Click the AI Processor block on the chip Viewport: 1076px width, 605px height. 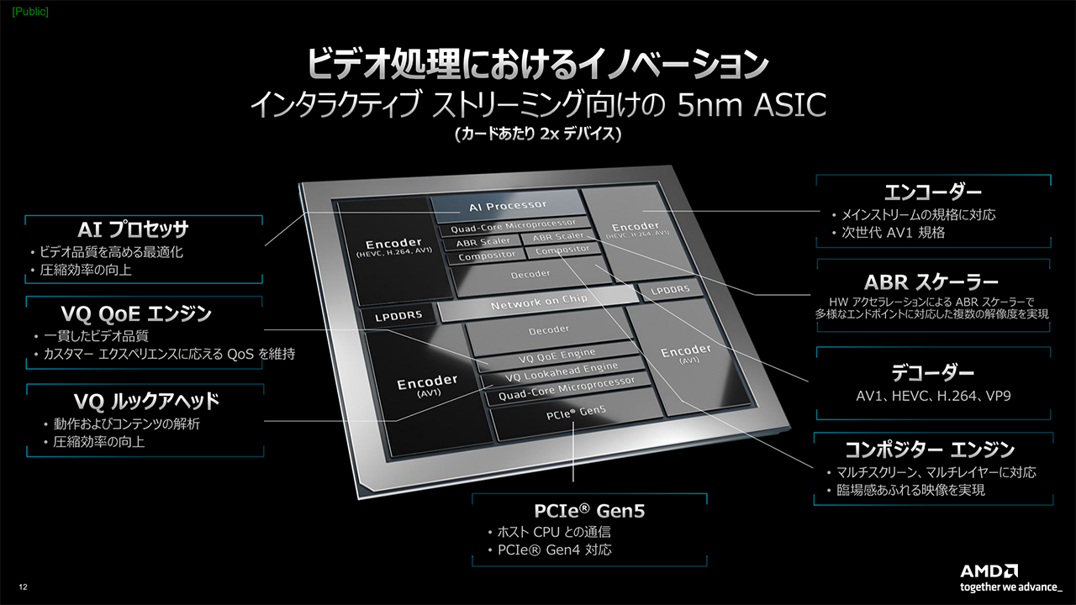[x=507, y=205]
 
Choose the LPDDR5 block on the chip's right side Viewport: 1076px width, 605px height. [x=670, y=290]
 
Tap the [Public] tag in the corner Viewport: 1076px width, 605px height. [x=24, y=11]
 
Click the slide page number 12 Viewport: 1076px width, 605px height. [x=23, y=586]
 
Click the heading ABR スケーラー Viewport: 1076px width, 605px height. [x=931, y=281]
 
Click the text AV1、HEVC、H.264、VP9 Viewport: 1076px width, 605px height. [x=932, y=396]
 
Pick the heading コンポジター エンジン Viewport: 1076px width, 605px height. [x=930, y=449]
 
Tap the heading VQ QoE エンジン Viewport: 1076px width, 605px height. [x=136, y=313]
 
